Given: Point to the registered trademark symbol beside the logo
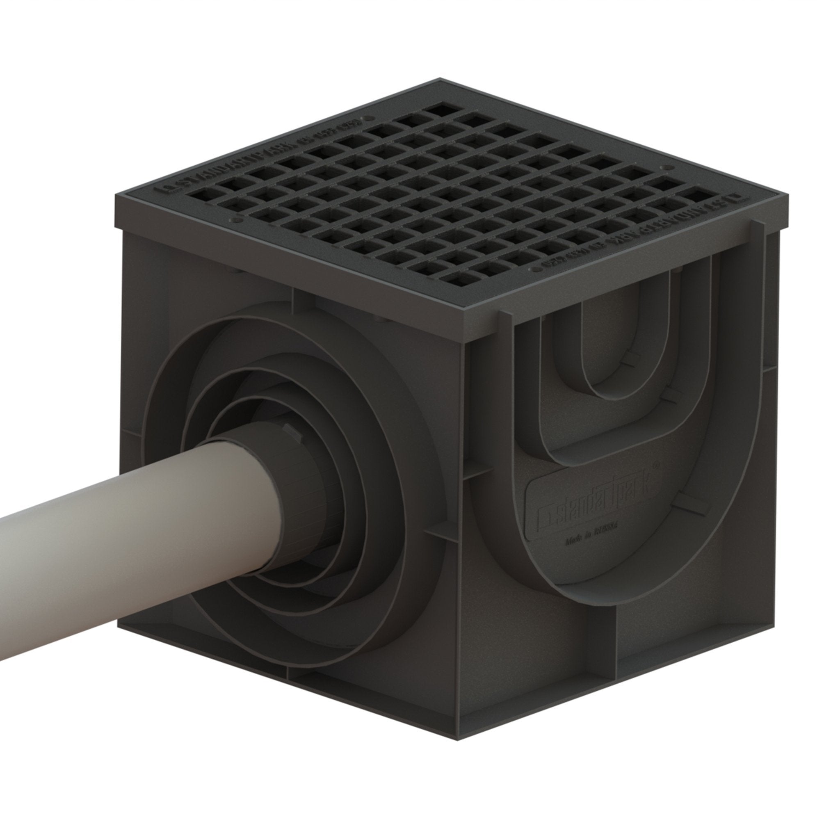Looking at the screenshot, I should [x=657, y=465].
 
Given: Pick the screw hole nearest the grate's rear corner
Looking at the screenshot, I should [x=370, y=118].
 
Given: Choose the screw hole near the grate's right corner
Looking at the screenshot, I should [x=663, y=167].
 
